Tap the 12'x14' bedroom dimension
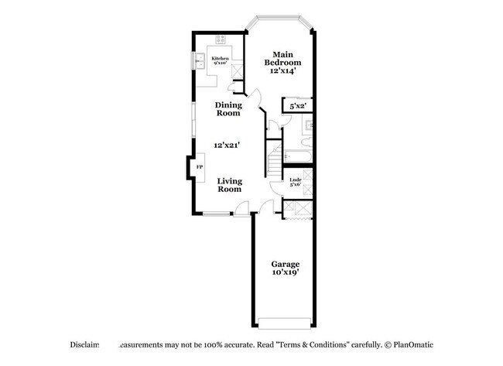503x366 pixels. (x=282, y=71)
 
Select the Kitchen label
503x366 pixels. (x=221, y=59)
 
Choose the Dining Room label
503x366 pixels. (x=228, y=108)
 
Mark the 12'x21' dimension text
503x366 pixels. (x=229, y=145)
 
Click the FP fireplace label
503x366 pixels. (x=199, y=167)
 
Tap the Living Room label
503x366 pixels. (x=229, y=185)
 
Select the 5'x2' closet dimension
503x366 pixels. (x=297, y=106)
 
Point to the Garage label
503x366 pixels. (x=285, y=264)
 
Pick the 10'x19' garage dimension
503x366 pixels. (x=285, y=273)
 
